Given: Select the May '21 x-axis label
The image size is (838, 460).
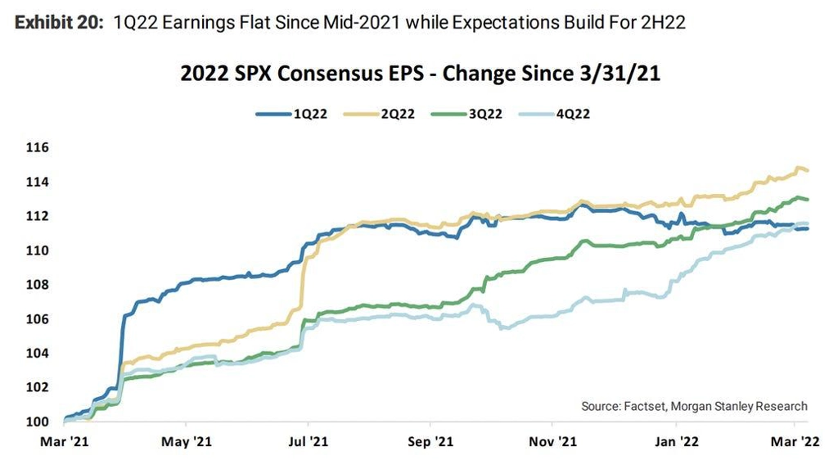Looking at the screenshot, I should coord(187,442).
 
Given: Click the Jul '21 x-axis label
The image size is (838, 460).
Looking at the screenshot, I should coord(308,442).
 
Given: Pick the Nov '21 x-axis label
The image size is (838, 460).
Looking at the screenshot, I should coord(552,442).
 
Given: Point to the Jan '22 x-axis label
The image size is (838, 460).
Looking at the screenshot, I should coord(676,442).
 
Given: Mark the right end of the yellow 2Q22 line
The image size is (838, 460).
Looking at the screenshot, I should coord(809,170).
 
